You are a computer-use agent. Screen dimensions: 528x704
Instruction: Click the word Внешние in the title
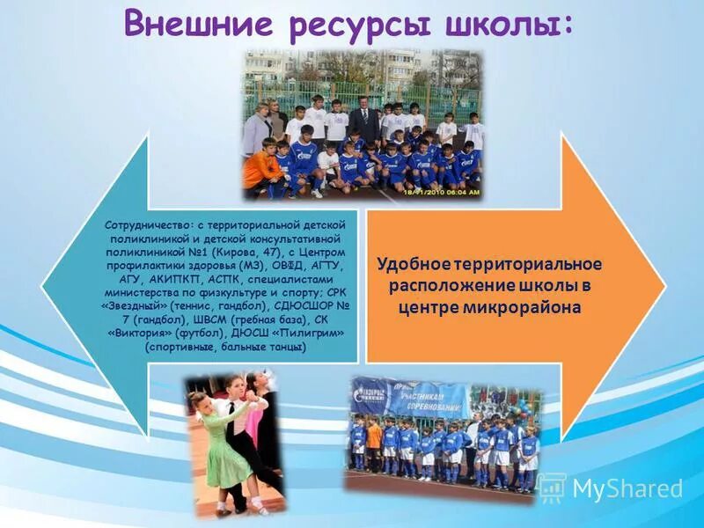tap(189, 24)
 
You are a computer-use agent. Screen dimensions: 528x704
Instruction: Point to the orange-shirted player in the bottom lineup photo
tap(374, 440)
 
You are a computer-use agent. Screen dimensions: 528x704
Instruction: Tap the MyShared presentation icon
tap(552, 488)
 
